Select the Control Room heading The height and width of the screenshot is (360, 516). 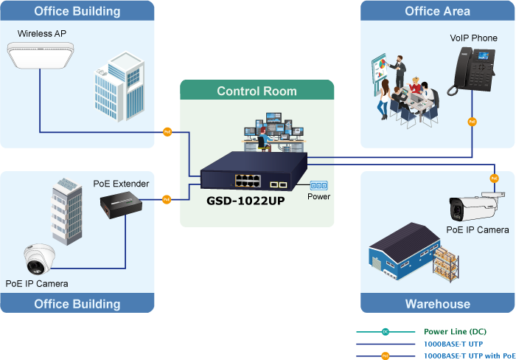[x=257, y=91]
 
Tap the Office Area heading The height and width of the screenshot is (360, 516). [x=437, y=11]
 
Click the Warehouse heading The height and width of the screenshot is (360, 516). [x=437, y=304]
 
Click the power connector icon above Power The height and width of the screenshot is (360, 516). [x=318, y=185]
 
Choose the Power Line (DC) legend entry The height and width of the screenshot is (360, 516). [x=455, y=332]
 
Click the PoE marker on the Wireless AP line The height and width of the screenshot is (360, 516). [x=167, y=133]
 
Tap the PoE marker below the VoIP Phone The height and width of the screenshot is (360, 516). [x=473, y=121]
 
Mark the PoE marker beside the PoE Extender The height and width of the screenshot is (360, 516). [x=167, y=199]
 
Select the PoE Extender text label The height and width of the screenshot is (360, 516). [x=121, y=184]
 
